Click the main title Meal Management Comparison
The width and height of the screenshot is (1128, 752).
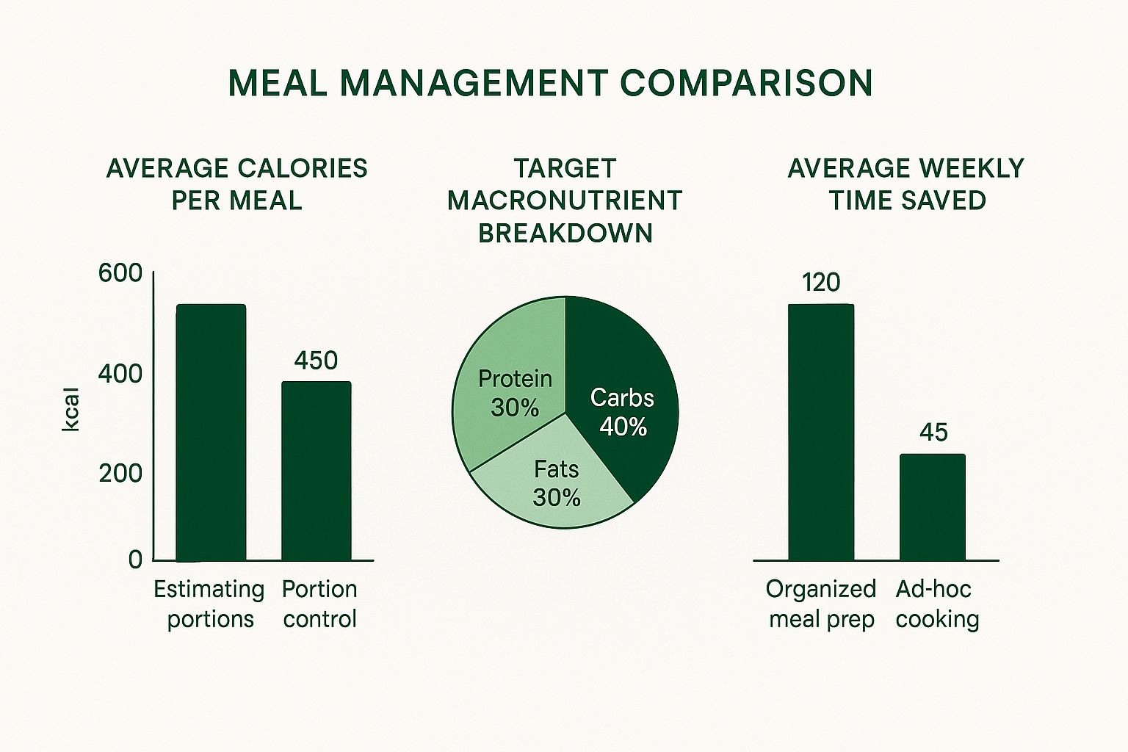[x=550, y=83]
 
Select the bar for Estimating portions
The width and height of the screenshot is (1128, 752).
[x=211, y=433]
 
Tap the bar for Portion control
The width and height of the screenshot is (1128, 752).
[x=317, y=471]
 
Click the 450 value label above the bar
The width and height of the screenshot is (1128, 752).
[x=316, y=361]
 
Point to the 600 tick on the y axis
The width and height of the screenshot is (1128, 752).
[x=120, y=273]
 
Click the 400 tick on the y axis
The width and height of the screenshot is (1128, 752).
[x=120, y=374]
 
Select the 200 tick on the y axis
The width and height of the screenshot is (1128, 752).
[x=120, y=474]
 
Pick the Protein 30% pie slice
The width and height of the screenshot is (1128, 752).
[x=507, y=382]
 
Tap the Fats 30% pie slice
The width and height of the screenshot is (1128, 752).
[x=554, y=488]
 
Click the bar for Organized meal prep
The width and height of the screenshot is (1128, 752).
[x=821, y=433]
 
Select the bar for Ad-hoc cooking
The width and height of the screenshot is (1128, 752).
[x=933, y=507]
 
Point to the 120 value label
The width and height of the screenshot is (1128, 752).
[x=821, y=283]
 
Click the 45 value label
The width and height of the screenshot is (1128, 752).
[x=933, y=433]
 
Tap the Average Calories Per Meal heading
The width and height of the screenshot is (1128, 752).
[x=236, y=184]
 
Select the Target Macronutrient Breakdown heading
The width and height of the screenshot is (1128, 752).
[x=565, y=200]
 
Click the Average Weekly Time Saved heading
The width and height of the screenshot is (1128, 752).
[x=906, y=184]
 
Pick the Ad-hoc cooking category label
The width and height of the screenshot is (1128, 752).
[x=937, y=604]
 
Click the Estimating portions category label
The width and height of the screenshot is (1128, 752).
[x=209, y=604]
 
